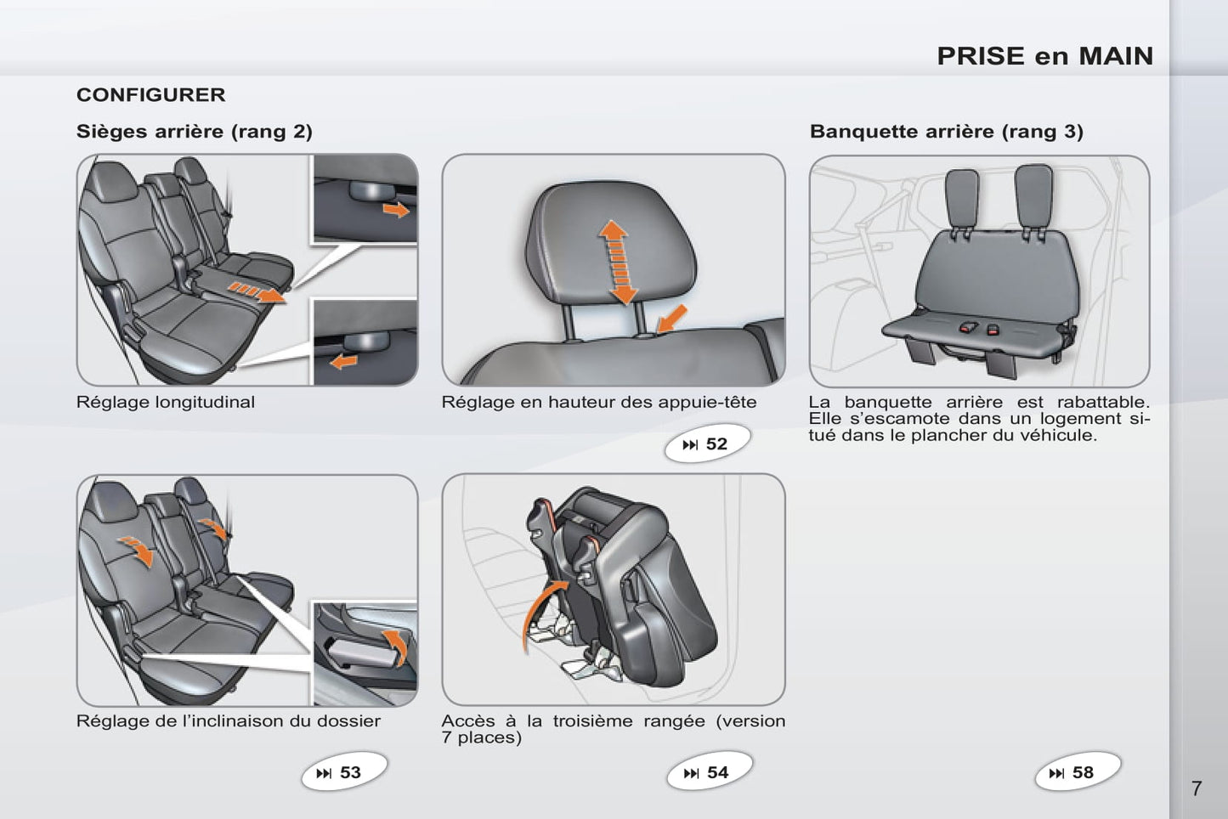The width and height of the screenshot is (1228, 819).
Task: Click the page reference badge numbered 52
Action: pyautogui.click(x=707, y=443)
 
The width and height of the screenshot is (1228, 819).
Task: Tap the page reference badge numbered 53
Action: pyautogui.click(x=344, y=772)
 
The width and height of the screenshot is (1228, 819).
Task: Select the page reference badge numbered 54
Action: pyautogui.click(x=710, y=772)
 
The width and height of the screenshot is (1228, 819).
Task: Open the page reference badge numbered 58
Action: pyautogui.click(x=1078, y=772)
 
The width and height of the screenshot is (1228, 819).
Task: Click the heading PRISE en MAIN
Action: pyautogui.click(x=1045, y=56)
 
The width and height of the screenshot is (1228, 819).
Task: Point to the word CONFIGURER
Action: pyautogui.click(x=150, y=95)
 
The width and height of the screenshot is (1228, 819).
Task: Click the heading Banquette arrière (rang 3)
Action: pyautogui.click(x=947, y=132)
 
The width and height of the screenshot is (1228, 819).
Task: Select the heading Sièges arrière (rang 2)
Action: pyautogui.click(x=195, y=132)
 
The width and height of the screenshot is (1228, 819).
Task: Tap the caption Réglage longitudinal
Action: pyautogui.click(x=166, y=403)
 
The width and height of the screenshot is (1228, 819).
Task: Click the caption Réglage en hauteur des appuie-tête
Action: pyautogui.click(x=598, y=403)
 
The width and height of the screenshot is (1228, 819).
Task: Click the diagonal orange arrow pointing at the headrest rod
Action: pyautogui.click(x=671, y=319)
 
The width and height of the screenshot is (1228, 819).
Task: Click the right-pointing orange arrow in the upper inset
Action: pyautogui.click(x=396, y=209)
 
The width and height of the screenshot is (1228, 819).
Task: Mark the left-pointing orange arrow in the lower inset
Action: pyautogui.click(x=344, y=361)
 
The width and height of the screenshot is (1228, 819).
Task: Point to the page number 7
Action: pyautogui.click(x=1197, y=789)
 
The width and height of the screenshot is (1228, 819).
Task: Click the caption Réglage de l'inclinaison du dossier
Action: pyautogui.click(x=228, y=721)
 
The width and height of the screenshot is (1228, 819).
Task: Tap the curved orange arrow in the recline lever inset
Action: pyautogui.click(x=397, y=645)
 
